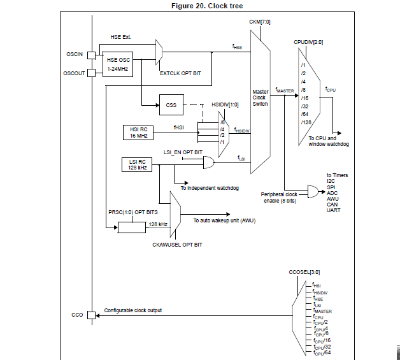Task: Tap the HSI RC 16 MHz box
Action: point(139,132)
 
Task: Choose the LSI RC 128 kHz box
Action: point(134,164)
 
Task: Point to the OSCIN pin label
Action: point(75,54)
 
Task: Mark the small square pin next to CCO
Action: point(91,315)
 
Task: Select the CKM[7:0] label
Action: point(261,22)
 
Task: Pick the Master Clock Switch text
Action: point(260,98)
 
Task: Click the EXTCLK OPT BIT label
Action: point(180,73)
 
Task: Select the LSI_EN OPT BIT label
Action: point(183,153)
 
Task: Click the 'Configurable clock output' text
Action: point(133,310)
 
